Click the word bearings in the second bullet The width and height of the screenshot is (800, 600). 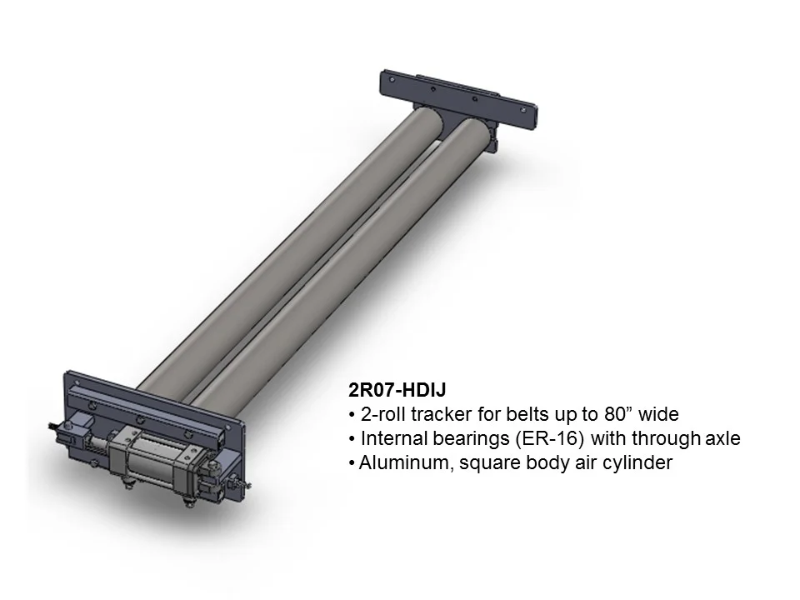463,438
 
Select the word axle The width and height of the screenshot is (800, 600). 720,438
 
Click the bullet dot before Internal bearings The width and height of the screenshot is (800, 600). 353,439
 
